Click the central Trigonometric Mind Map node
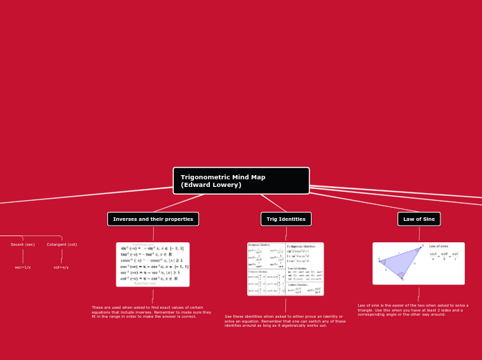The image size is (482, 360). click(241, 181)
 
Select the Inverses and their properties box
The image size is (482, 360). click(153, 219)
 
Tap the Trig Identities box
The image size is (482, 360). click(286, 219)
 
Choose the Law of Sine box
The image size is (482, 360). click(419, 219)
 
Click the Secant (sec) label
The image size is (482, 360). click(23, 244)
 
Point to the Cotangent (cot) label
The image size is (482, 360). click(62, 244)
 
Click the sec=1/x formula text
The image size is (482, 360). click(23, 267)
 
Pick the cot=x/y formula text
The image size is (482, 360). click(62, 267)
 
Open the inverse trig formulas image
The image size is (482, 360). click(152, 264)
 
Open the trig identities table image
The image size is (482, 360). click(285, 269)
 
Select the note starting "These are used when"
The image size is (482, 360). click(152, 312)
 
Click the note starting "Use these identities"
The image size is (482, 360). click(285, 321)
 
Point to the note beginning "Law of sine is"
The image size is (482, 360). click(413, 309)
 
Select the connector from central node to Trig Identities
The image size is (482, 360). click(273, 203)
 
